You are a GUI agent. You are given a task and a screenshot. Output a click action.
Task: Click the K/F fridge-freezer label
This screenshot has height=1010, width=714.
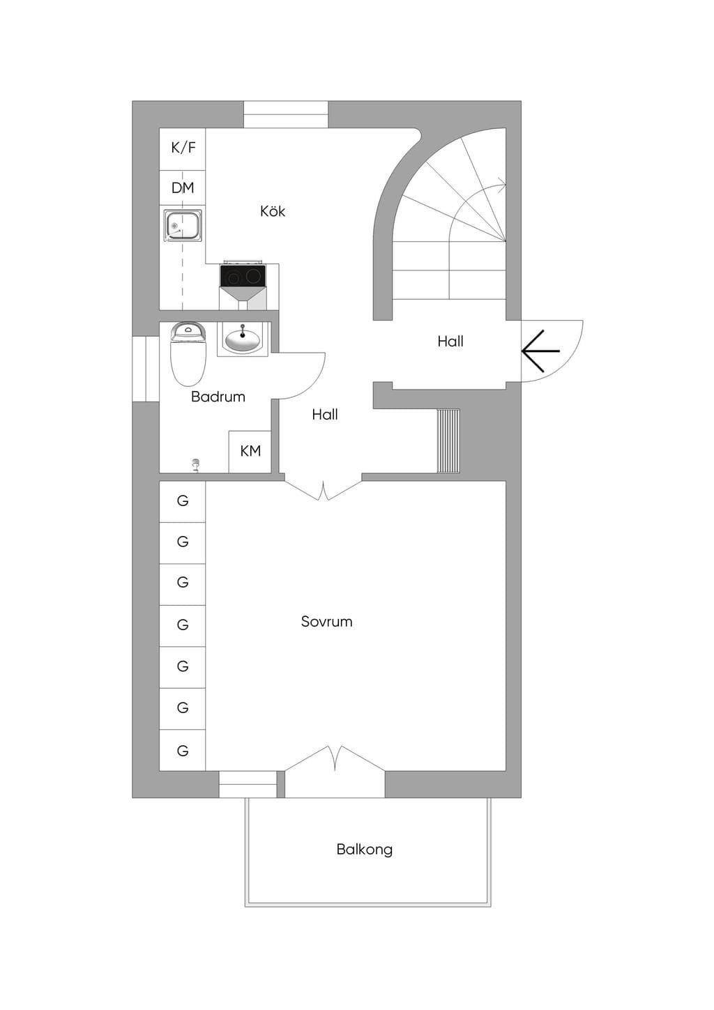click(183, 148)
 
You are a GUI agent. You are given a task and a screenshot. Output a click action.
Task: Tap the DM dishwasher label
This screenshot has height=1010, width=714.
click(183, 188)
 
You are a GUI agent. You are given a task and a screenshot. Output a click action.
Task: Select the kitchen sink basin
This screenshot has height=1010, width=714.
click(182, 226)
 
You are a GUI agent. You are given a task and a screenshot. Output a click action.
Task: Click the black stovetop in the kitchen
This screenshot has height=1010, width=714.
click(242, 275)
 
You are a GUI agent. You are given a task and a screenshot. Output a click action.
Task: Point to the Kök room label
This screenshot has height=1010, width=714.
click(273, 211)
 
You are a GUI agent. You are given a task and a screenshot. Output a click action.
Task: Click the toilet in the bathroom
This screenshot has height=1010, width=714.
click(188, 354)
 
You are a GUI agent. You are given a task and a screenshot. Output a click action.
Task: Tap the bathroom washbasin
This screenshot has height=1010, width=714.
click(243, 339)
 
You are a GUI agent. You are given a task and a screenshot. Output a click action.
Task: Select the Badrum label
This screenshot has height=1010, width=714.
click(218, 397)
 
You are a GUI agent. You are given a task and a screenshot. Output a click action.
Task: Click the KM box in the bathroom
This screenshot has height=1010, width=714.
click(250, 452)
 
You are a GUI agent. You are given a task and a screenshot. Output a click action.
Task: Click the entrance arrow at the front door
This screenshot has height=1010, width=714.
click(540, 351)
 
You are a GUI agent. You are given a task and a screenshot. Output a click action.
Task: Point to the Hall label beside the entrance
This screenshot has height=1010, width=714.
click(450, 342)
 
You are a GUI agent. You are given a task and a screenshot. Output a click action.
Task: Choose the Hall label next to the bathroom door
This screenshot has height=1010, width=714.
click(325, 414)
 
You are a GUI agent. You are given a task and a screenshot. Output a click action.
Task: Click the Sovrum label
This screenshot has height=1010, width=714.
click(326, 622)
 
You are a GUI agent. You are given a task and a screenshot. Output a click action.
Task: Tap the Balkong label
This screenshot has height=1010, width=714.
click(365, 850)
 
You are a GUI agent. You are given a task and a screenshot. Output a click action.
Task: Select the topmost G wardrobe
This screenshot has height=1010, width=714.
click(183, 501)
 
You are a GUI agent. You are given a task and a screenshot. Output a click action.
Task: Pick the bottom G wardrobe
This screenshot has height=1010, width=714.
click(183, 751)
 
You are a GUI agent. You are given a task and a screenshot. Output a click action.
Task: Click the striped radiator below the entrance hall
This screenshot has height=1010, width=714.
click(448, 441)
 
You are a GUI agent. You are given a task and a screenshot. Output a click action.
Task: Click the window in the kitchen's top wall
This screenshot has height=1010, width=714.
click(286, 114)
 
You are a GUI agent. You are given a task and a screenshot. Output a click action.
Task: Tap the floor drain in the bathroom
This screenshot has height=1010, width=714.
click(196, 464)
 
